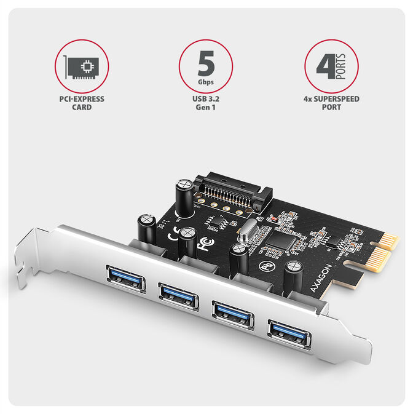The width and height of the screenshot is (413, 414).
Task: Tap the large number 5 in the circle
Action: point(206,62)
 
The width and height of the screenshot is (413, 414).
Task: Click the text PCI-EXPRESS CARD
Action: point(82,103)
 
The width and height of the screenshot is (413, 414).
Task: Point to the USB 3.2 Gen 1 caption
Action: point(206,103)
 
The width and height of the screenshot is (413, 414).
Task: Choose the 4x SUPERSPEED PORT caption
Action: point(331,103)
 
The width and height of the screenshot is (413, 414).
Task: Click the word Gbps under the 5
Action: point(206,81)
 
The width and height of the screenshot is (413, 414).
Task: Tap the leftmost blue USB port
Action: point(126,278)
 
